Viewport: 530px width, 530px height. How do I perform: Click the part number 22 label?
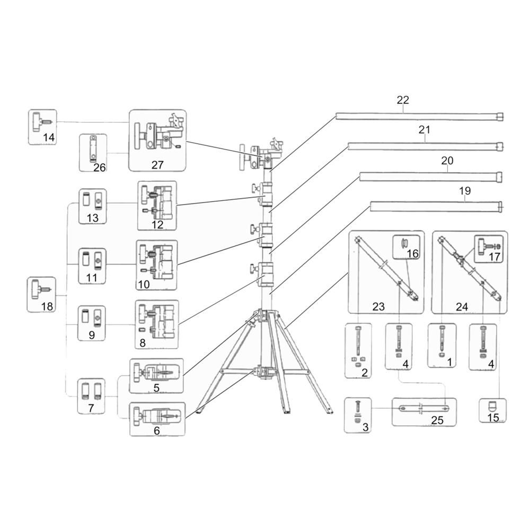tap(403, 100)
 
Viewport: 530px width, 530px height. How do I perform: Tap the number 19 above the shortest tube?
tap(465, 191)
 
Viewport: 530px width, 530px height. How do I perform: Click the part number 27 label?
tap(157, 165)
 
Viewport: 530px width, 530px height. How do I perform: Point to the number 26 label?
tap(100, 167)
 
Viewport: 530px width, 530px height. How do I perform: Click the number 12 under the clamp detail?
tap(157, 225)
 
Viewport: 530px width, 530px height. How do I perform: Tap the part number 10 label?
tap(144, 284)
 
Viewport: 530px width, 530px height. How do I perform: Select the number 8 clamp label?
tap(142, 343)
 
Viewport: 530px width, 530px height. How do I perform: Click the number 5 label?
tap(156, 388)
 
